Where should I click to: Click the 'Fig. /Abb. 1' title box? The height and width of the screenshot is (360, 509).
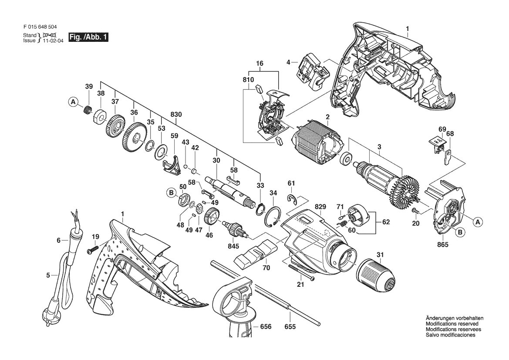[x=88, y=37]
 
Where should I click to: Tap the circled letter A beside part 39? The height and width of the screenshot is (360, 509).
[x=73, y=102]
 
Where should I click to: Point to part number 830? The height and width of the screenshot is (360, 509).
[x=175, y=115]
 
